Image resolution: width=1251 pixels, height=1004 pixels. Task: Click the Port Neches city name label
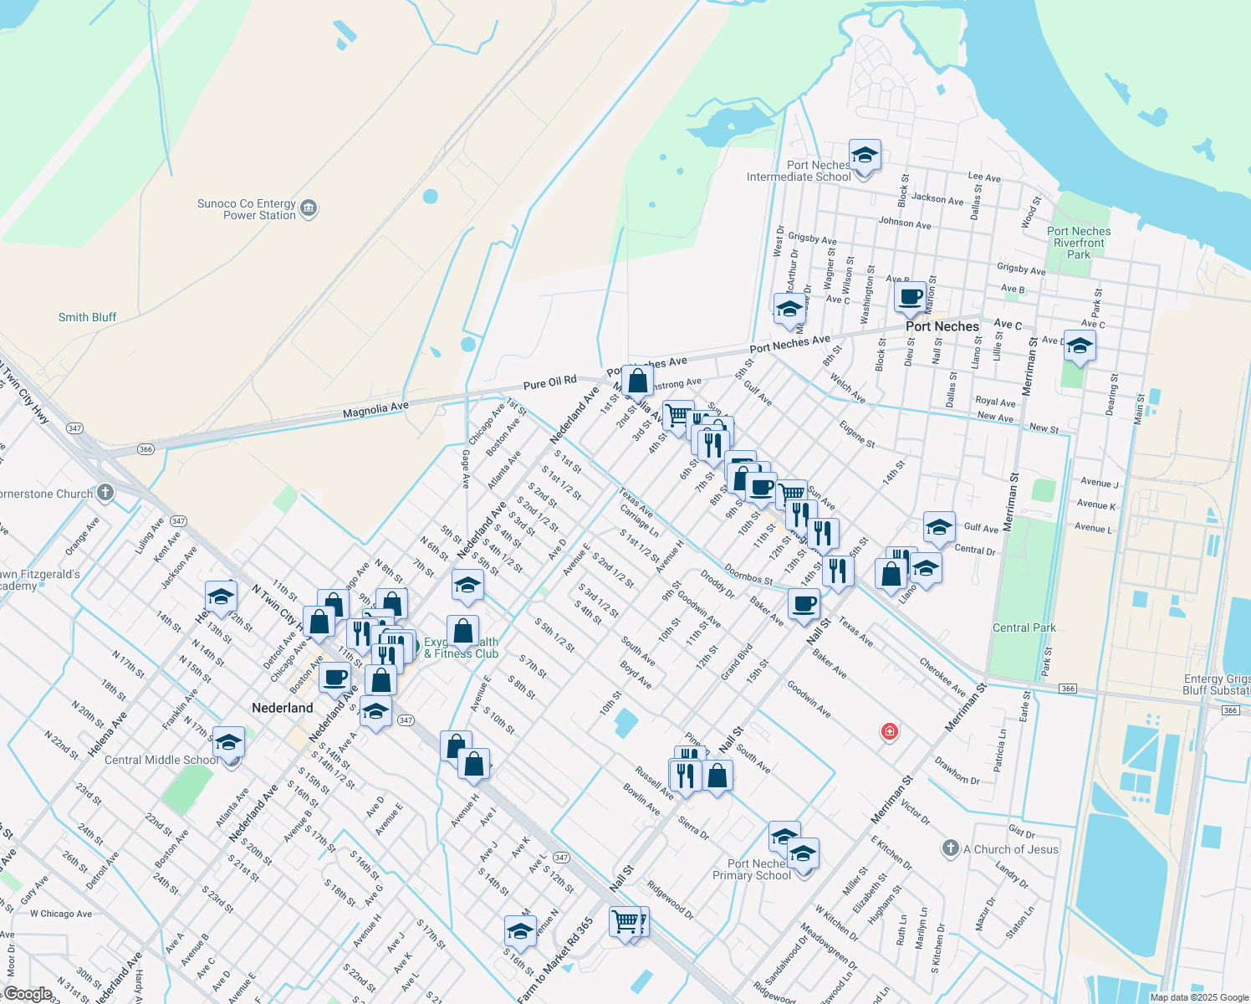click(942, 326)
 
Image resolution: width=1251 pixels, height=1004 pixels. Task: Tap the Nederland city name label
click(283, 708)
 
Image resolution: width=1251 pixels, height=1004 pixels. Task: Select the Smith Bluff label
click(87, 317)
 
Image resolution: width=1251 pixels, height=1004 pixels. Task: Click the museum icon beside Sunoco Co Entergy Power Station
click(309, 208)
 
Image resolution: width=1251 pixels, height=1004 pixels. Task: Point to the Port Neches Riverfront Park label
click(1079, 243)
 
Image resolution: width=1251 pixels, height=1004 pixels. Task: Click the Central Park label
click(1024, 627)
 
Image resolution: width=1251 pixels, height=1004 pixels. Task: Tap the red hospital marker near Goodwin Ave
click(890, 732)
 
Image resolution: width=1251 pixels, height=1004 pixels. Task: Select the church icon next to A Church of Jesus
click(950, 848)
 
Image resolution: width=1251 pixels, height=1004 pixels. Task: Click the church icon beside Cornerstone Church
click(105, 493)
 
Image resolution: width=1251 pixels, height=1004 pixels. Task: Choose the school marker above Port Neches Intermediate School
click(865, 156)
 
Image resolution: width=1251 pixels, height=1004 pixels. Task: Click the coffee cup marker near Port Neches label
click(910, 296)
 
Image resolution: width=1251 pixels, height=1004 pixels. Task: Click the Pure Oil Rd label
click(550, 382)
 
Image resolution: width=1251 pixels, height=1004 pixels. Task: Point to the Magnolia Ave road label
click(375, 410)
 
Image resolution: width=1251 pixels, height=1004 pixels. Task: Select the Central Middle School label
click(162, 760)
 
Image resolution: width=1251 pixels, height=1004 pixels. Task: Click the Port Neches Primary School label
click(752, 869)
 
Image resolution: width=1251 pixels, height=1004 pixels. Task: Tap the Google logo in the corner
click(28, 993)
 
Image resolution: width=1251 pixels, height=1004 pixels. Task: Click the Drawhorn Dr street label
click(957, 771)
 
